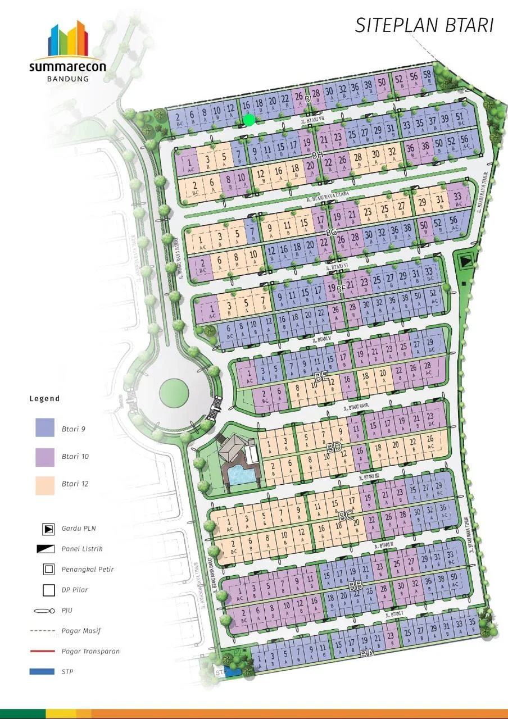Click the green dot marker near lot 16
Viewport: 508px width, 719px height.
[x=249, y=119]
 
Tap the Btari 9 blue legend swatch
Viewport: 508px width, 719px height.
[x=45, y=428]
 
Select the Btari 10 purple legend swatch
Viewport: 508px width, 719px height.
[x=45, y=456]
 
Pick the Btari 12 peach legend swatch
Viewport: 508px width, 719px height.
[x=45, y=484]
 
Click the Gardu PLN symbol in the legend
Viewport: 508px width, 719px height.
[x=48, y=529]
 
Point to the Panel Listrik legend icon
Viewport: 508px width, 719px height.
[x=48, y=549]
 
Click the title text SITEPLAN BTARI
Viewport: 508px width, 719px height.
[x=424, y=25]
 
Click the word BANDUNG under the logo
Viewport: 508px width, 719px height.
[x=67, y=79]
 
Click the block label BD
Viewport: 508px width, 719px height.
[x=334, y=448]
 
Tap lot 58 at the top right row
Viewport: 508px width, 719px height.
[x=427, y=76]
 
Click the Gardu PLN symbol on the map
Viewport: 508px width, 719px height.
[x=465, y=261]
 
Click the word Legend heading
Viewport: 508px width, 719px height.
[x=44, y=398]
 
